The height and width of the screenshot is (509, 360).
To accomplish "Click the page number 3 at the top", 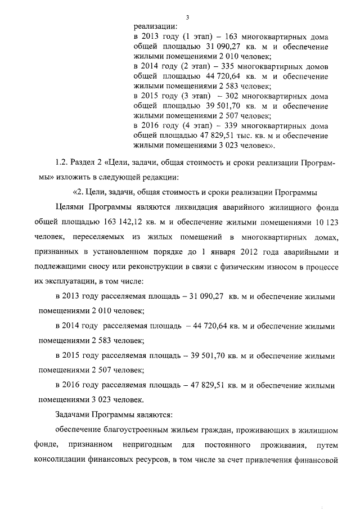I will (x=187, y=18).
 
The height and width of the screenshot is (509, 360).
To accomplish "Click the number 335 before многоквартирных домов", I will (x=229, y=66).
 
